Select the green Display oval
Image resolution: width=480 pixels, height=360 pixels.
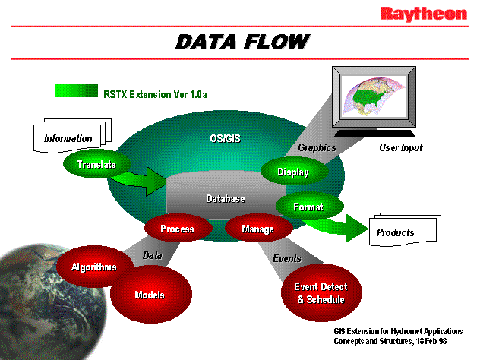coord(293,172)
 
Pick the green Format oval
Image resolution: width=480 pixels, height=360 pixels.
coord(308,207)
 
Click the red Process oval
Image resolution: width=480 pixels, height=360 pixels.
coord(176,229)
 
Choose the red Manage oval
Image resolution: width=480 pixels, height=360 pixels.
coord(257,229)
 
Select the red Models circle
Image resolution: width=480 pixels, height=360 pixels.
coord(149,295)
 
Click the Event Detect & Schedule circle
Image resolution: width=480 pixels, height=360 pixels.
coord(321,293)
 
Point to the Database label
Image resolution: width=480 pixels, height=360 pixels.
coord(226,199)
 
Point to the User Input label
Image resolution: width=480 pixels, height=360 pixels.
coord(400,147)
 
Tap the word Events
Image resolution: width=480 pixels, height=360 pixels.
coord(287,259)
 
